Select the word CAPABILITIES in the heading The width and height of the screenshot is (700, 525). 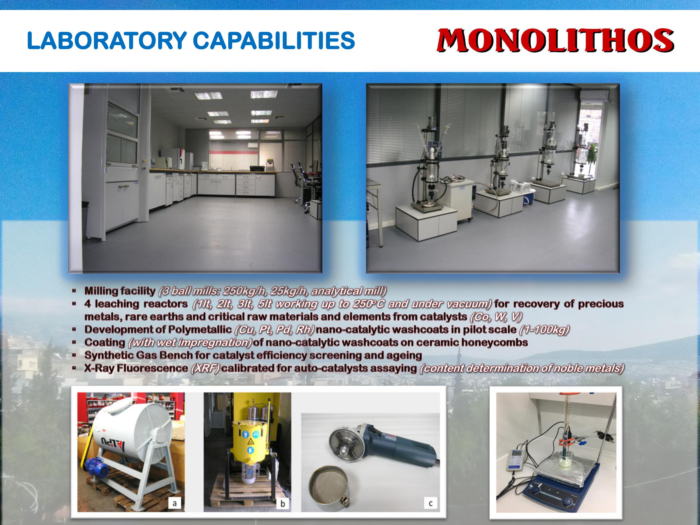(x=274, y=41)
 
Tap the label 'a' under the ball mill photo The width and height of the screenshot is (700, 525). (x=174, y=503)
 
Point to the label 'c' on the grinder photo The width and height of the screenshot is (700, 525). (x=430, y=503)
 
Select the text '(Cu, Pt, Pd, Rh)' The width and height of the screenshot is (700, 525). (x=274, y=330)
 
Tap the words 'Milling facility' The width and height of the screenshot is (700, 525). (x=120, y=291)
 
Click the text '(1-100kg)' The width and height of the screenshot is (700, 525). (x=544, y=330)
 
